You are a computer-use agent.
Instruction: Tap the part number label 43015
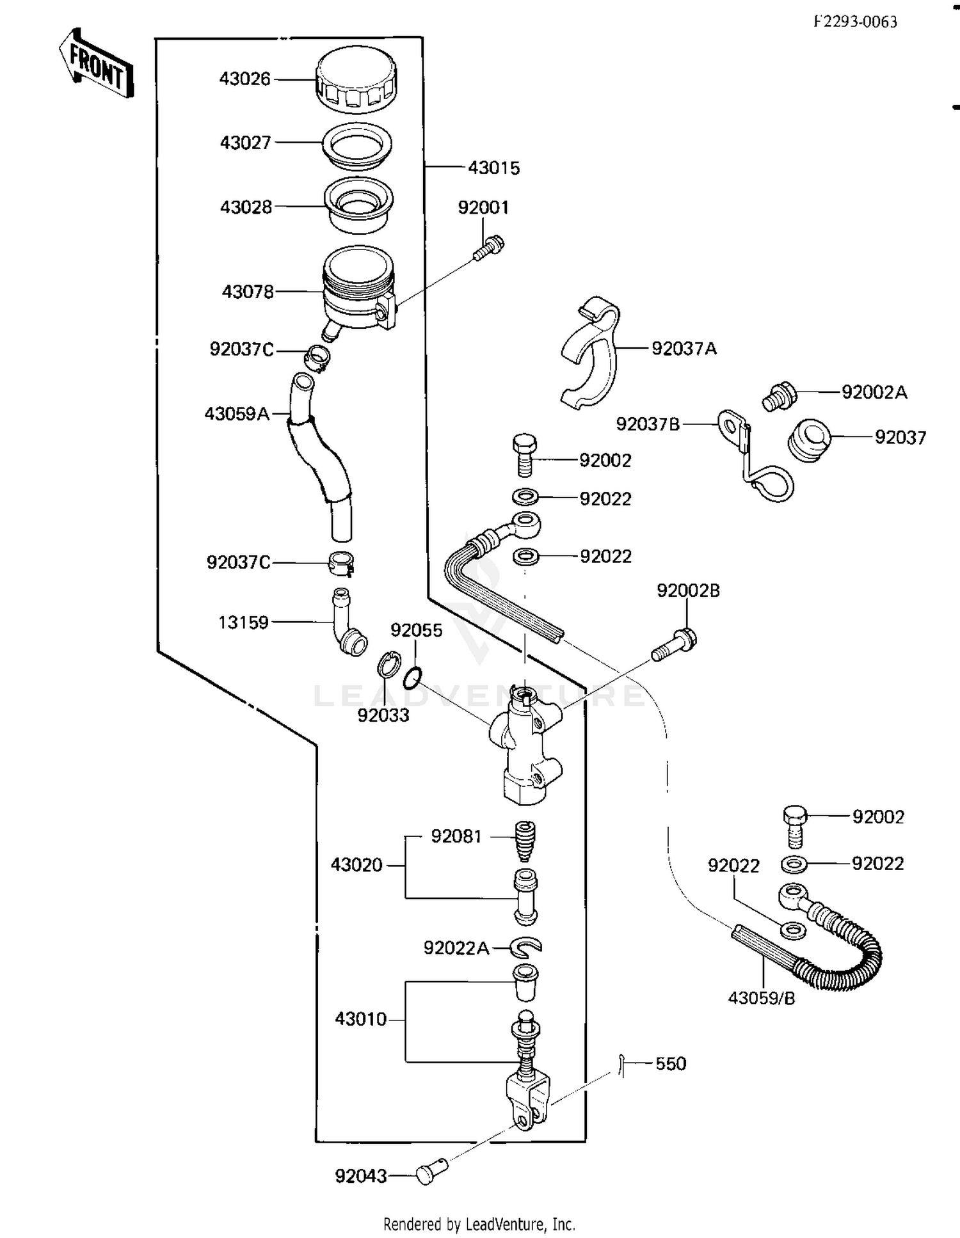(493, 168)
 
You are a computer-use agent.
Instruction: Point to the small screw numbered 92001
(488, 249)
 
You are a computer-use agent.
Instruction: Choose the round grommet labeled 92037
(808, 440)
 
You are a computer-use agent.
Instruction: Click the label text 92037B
(648, 424)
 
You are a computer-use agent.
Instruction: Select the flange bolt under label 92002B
(675, 644)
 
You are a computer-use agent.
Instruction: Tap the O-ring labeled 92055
(413, 678)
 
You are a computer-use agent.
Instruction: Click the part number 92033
(383, 715)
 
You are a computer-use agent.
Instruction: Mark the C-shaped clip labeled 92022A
(526, 946)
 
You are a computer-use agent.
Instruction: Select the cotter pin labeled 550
(621, 1065)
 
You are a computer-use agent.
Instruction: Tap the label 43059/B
(762, 997)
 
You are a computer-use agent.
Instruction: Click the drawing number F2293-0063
(855, 22)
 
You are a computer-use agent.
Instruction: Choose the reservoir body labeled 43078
(358, 288)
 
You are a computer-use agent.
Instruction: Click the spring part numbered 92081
(525, 840)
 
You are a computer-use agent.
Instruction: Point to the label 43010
(360, 1019)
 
